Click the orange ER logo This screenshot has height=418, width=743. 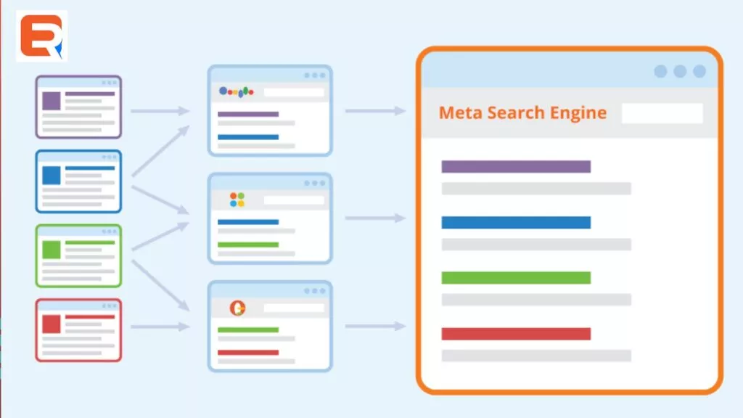(41, 36)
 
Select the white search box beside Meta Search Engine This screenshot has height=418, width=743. (662, 113)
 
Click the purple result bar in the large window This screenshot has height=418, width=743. (516, 167)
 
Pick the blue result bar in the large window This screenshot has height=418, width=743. (516, 222)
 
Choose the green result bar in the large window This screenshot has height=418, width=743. (516, 277)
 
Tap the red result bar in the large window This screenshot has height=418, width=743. (516, 334)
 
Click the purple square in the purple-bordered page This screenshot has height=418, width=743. (52, 101)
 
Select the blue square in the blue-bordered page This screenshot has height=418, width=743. (52, 176)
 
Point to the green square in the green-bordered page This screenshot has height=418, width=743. (52, 250)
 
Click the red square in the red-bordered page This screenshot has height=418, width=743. (52, 324)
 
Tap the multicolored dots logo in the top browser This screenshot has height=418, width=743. (237, 91)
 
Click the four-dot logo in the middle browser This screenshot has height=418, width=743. (237, 200)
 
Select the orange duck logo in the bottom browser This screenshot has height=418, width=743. (237, 308)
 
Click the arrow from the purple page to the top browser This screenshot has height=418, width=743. (160, 111)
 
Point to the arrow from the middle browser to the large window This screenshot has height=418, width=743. (374, 218)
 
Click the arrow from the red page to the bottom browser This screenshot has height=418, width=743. (160, 327)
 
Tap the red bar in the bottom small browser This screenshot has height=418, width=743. (247, 353)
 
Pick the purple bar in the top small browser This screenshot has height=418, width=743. (247, 114)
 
